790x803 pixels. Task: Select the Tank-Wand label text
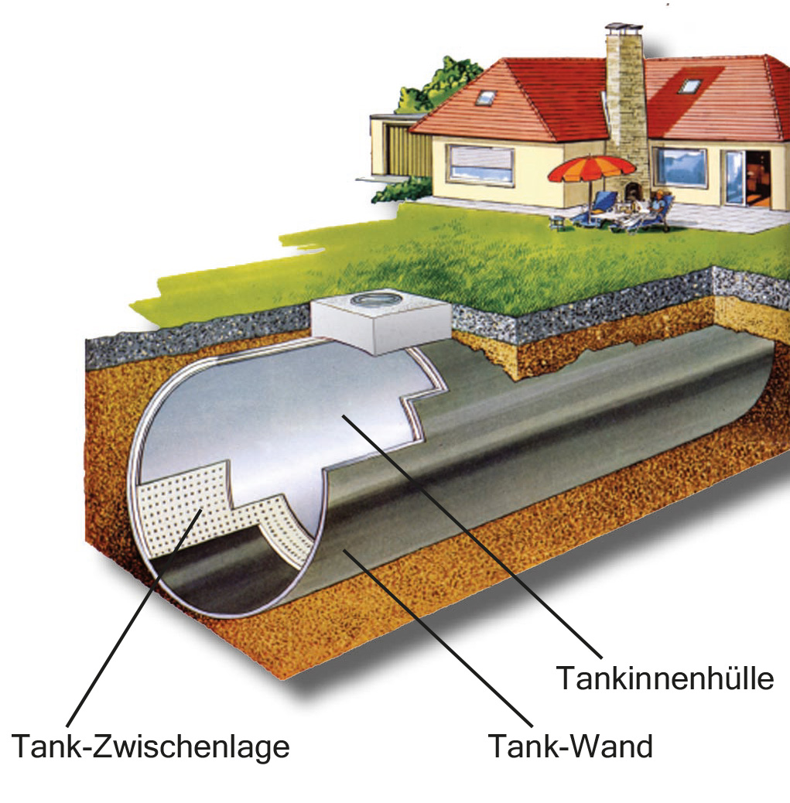(570, 746)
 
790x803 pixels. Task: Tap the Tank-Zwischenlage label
(151, 747)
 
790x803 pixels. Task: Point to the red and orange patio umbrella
(592, 170)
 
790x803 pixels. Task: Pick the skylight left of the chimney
(485, 97)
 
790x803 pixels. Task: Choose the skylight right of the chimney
(691, 86)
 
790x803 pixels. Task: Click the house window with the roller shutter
(480, 164)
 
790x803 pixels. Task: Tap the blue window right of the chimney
(682, 167)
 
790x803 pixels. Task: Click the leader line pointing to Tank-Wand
(438, 638)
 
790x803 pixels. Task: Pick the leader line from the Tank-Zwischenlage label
(134, 617)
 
